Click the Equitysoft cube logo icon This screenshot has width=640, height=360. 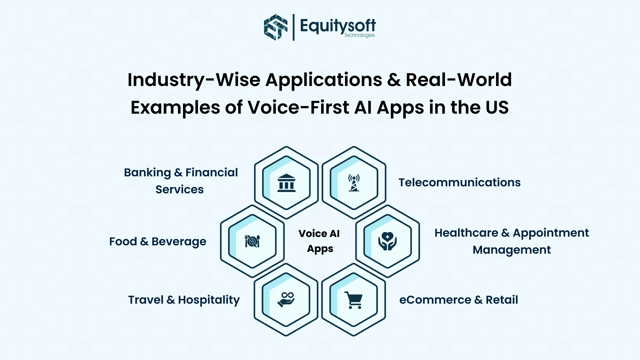point(275,27)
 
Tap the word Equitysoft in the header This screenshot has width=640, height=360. point(337,25)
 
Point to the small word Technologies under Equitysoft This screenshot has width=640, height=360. point(359,35)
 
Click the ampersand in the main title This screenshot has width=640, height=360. point(394,80)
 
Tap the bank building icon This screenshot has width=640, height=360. point(286,183)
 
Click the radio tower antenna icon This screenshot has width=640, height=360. point(354,183)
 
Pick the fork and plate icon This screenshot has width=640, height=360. point(252,241)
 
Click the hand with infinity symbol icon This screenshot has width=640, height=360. point(286,300)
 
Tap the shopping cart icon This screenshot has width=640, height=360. point(354,300)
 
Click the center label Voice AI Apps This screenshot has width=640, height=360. point(319,241)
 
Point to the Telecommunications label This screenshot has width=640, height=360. point(459,182)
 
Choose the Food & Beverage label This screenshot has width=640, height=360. point(158,241)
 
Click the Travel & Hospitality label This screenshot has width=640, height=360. point(184,300)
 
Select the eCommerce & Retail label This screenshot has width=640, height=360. point(458,300)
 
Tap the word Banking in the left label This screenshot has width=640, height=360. point(147,172)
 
